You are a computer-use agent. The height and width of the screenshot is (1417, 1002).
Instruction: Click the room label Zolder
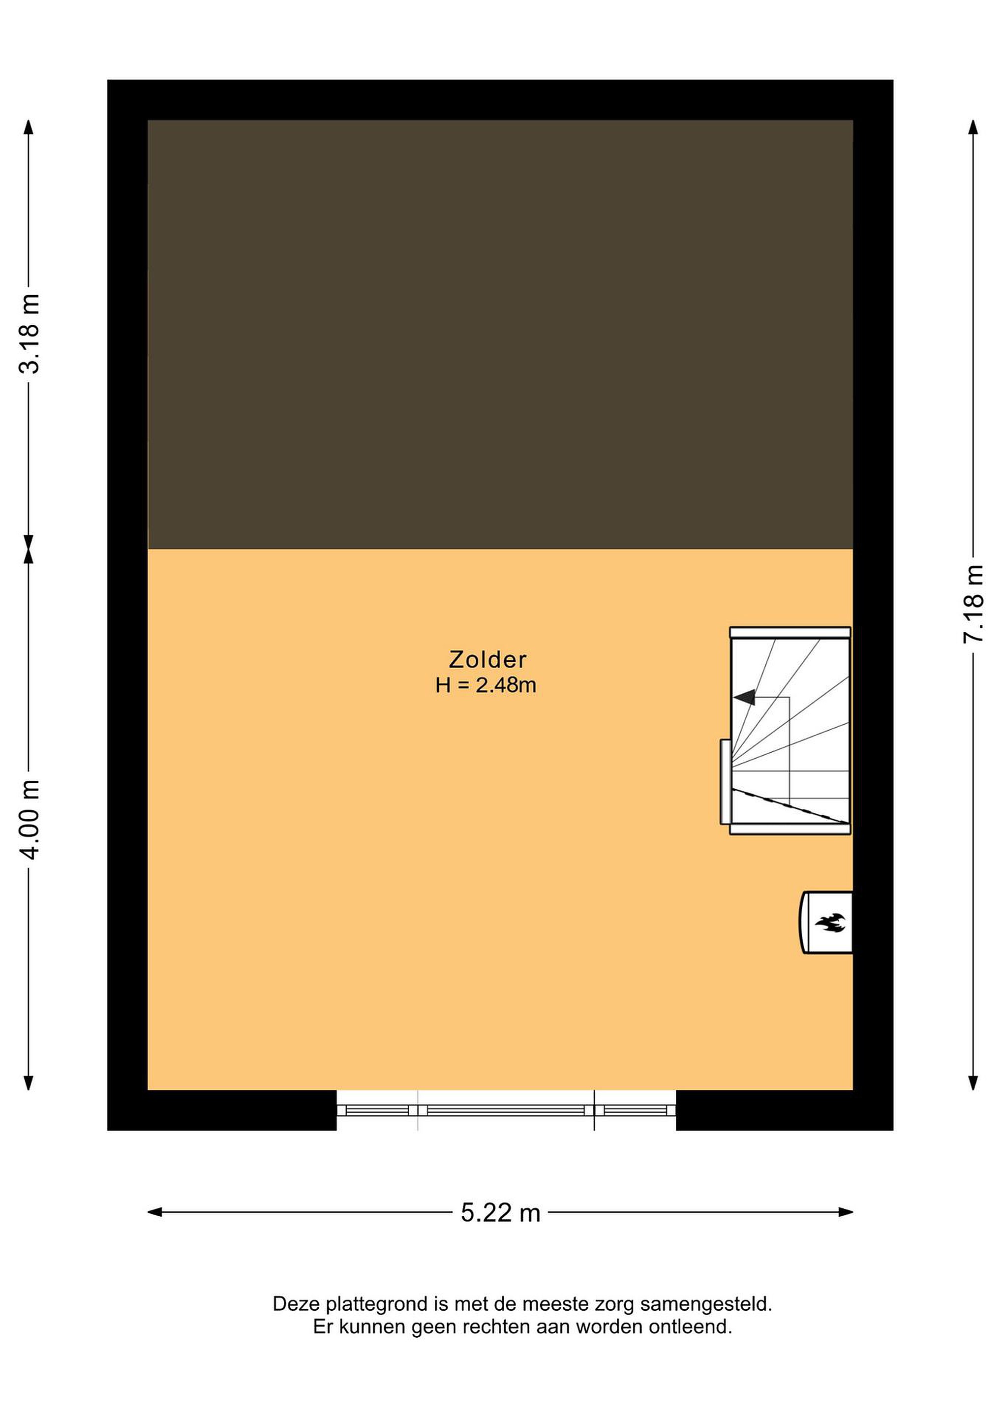(x=487, y=660)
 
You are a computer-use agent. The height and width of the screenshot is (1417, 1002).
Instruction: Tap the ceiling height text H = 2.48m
(x=486, y=686)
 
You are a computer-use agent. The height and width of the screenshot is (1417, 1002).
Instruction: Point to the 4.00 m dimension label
(x=29, y=819)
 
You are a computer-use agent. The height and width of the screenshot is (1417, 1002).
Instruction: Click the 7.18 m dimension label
(x=973, y=604)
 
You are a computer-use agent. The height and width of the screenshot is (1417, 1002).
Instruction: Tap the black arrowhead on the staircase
(x=744, y=697)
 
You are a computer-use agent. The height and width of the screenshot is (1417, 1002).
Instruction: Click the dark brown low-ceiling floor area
(x=500, y=334)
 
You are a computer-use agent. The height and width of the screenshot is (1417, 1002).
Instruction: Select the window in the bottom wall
(x=506, y=1109)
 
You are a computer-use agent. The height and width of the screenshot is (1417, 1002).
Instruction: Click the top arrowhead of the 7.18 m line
(x=973, y=128)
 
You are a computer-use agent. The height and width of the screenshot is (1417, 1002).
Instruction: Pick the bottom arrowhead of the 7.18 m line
(x=973, y=1083)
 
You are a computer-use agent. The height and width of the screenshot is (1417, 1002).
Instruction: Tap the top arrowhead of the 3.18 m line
(x=29, y=128)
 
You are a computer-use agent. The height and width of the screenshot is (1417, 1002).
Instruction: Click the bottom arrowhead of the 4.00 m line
(x=29, y=1083)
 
